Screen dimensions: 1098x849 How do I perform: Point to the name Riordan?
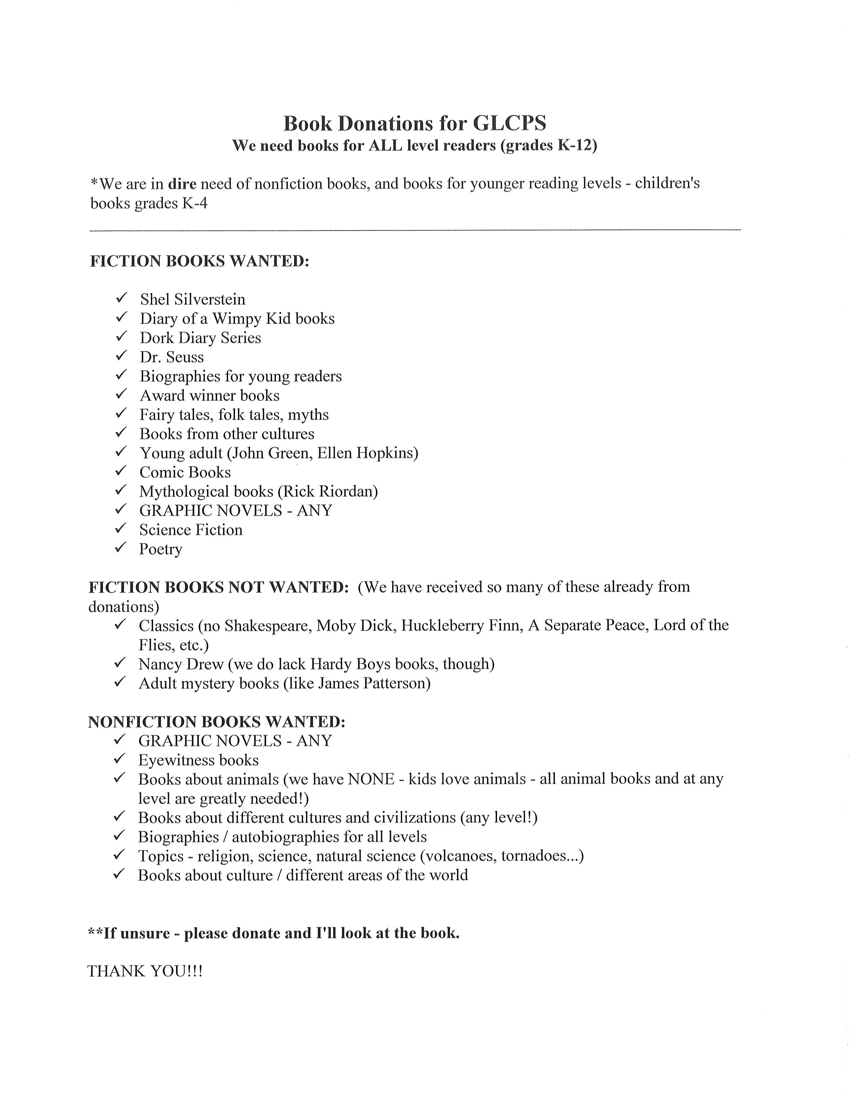click(352, 491)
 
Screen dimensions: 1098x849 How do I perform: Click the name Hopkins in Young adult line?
click(387, 453)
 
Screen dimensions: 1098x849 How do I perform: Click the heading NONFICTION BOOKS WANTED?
click(217, 722)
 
